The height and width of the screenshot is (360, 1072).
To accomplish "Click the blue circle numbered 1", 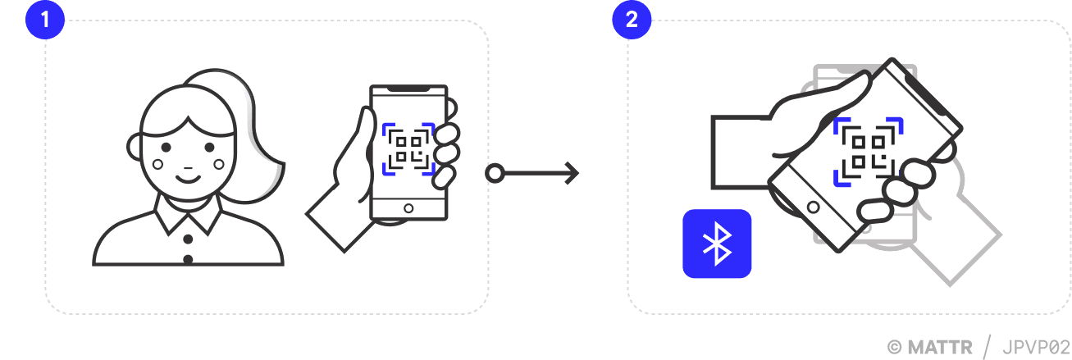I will pos(46,20).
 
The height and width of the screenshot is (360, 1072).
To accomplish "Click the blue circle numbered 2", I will pos(631,20).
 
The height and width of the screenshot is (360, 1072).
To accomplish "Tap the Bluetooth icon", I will pos(717,244).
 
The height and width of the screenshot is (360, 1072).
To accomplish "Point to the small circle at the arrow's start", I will pos(494,173).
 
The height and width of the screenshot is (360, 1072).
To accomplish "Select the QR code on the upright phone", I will pos(408,148).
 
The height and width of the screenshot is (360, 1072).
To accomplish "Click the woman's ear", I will pos(135,147).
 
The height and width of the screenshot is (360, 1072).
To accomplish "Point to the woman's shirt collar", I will pos(188,215).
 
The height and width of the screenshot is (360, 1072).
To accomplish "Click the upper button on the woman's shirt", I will pos(188,239).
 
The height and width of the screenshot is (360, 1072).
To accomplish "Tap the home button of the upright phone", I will pos(408,207).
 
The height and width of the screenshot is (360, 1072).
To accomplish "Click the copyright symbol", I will pos(895,347).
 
